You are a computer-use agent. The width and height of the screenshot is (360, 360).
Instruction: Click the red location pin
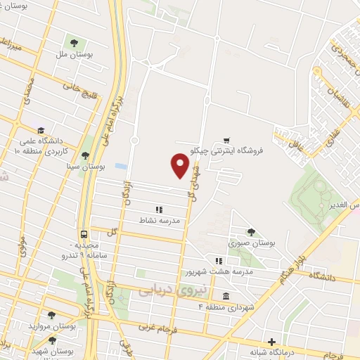[x=181, y=165]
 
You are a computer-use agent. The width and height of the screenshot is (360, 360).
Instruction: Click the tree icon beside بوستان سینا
[x=85, y=157]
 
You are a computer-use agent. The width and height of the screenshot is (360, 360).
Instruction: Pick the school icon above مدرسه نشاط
[x=159, y=210]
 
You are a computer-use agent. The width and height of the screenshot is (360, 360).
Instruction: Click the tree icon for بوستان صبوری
[x=251, y=231]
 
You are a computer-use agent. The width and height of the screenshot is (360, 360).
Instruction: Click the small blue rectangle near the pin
[x=121, y=167]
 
